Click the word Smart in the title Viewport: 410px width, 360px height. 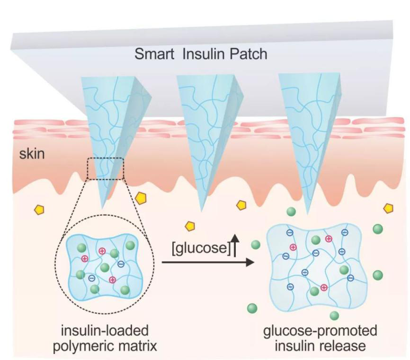coord(154,54)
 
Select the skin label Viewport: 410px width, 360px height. coord(32,154)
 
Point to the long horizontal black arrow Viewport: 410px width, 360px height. coord(208,262)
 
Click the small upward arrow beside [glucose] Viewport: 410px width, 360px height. coord(235,245)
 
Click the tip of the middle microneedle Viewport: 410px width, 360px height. coord(201,211)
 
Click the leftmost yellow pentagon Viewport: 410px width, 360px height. coord(39,209)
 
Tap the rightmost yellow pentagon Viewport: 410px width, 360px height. coord(388,209)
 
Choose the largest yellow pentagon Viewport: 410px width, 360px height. coord(141,199)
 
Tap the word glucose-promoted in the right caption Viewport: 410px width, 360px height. coord(320,331)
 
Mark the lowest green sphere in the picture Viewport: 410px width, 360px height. coord(334,316)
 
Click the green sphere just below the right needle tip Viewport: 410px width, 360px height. coord(291,211)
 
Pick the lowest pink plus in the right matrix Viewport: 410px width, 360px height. coord(324,287)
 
